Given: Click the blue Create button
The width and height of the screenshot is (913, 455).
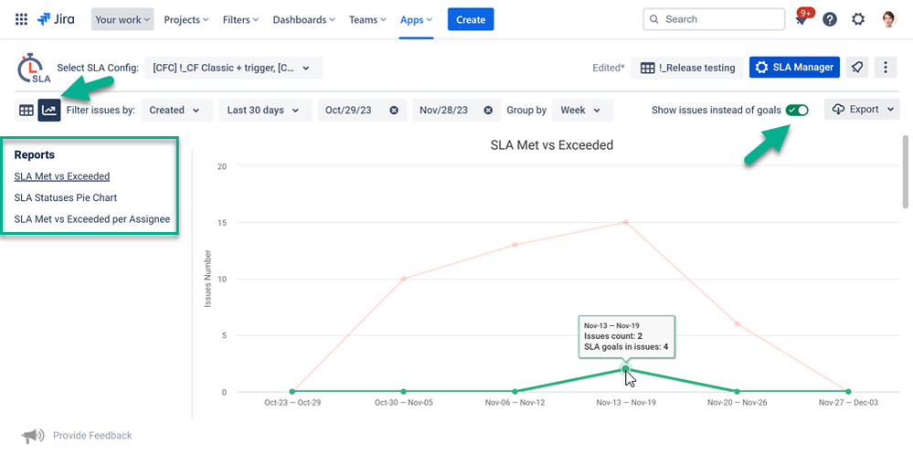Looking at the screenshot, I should tap(471, 19).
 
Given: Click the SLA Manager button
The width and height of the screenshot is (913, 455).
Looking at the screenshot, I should tap(794, 68).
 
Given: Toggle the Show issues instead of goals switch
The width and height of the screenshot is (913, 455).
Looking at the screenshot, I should tap(797, 110).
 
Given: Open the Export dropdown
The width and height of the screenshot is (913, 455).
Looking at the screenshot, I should tap(862, 110).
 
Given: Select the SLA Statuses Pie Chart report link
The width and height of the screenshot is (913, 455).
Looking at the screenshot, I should tap(66, 197).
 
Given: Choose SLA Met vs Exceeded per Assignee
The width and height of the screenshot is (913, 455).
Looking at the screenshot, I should tap(92, 219).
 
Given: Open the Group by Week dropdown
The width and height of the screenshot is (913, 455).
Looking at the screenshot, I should tap(580, 111).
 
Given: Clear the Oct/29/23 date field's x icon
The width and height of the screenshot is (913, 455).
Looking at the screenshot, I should tap(394, 111).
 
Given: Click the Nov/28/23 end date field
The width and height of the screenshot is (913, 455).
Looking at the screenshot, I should tap(444, 111).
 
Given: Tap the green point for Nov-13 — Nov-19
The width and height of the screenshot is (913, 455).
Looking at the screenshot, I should tap(625, 369).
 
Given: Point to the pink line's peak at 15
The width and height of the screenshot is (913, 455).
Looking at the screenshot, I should tap(626, 222).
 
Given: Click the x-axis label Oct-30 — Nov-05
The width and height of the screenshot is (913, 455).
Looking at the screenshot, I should tap(403, 402).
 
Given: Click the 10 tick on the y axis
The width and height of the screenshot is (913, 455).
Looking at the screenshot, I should tap(221, 279).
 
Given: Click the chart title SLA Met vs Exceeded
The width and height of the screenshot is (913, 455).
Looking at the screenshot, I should tap(551, 144).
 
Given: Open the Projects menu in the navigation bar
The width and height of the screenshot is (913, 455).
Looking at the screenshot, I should tap(186, 19).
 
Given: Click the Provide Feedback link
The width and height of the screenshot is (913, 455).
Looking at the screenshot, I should tap(92, 436).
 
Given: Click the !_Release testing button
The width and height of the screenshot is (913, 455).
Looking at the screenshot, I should tap(687, 68).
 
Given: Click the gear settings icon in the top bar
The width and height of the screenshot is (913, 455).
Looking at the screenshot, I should tap(858, 19).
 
